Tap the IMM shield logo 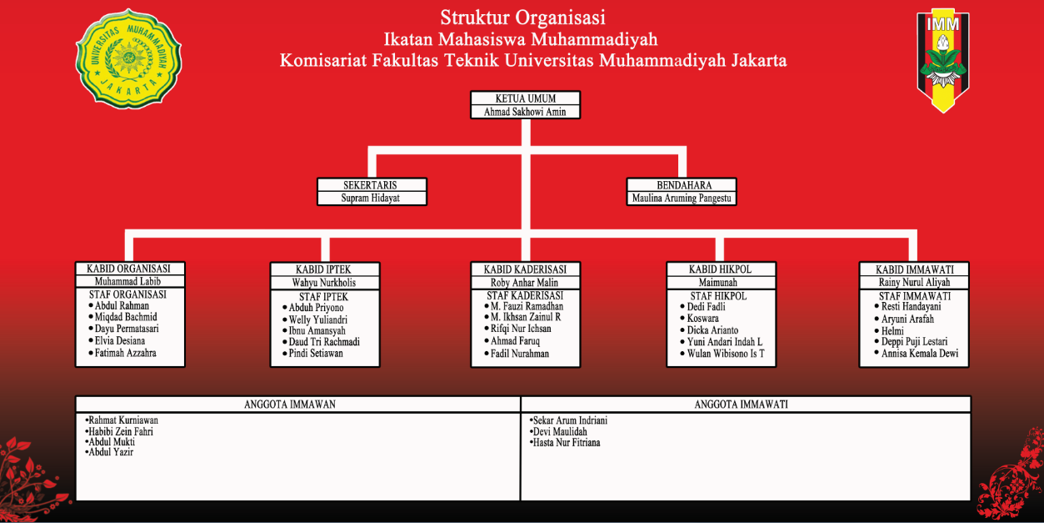[942, 60]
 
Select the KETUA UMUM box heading [525, 98]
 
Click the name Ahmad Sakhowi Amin [525, 112]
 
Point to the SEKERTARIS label [371, 185]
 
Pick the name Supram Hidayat [371, 199]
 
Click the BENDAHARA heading [682, 185]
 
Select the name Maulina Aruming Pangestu [682, 199]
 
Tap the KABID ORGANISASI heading [128, 269]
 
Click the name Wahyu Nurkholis [324, 283]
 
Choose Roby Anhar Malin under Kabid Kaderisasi [524, 283]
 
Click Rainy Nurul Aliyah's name [914, 283]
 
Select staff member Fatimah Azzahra [125, 353]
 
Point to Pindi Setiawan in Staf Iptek [316, 354]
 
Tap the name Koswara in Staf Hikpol [702, 319]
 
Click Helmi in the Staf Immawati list [892, 330]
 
